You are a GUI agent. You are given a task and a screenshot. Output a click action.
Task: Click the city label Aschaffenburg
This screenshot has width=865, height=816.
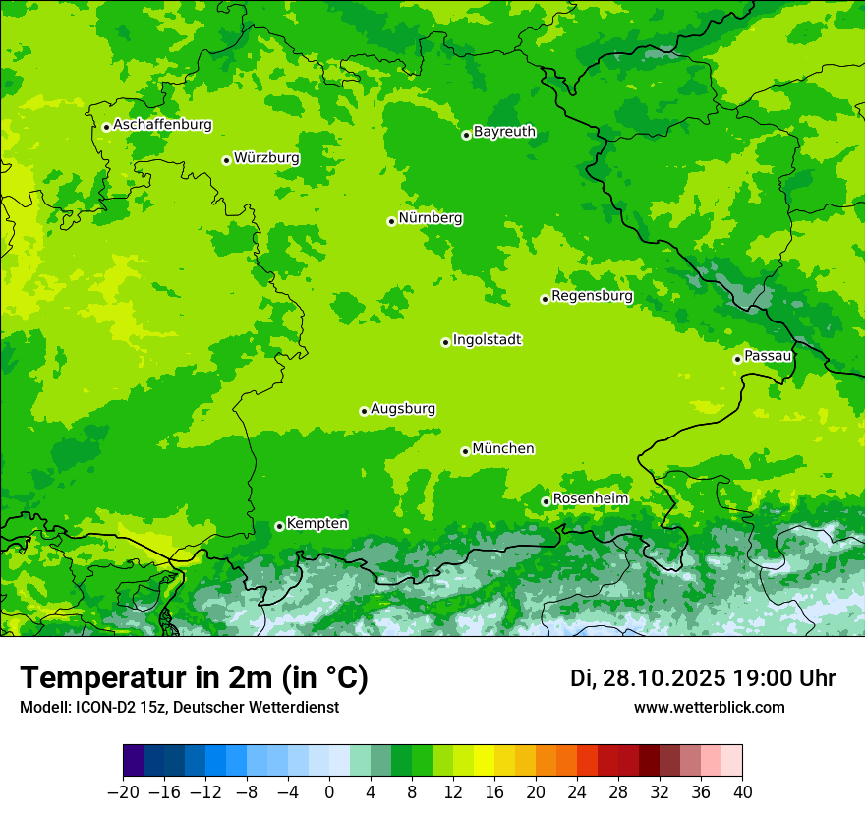162,125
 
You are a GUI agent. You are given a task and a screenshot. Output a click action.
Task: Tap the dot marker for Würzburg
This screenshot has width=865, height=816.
226,160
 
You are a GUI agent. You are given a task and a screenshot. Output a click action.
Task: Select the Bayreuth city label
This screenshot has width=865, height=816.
504,131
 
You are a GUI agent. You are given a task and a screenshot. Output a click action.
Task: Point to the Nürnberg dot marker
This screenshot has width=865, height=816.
391,221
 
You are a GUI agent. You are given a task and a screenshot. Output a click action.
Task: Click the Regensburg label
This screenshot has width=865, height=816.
592,295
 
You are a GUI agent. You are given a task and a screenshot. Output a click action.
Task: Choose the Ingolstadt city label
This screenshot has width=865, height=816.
487,340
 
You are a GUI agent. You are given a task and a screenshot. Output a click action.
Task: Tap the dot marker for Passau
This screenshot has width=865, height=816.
737,359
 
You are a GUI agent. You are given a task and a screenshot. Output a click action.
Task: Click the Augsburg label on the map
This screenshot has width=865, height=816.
403,409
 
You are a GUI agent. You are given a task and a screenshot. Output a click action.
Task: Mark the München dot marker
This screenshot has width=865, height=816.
465,451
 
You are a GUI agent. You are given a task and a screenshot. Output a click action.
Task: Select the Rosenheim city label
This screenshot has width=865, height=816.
590,498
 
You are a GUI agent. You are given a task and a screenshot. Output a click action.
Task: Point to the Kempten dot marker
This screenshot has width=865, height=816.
279,526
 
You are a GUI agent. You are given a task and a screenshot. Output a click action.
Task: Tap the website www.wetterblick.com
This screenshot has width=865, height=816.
709,707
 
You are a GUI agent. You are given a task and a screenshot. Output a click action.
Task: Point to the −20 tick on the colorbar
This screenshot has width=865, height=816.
124,791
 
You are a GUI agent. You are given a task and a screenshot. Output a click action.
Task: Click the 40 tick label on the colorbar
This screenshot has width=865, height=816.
742,791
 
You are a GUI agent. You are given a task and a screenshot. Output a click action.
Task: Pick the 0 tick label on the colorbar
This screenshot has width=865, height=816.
329,791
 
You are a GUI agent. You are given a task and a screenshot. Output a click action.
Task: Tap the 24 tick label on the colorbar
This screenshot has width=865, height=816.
577,791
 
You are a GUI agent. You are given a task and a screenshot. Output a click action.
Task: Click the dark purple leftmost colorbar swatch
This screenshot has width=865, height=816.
134,761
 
